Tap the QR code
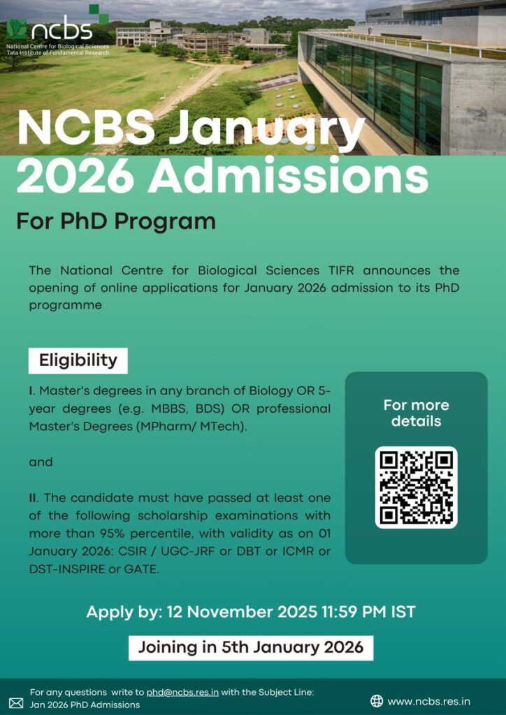click(416, 487)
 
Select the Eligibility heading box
click(78, 360)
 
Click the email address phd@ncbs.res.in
click(182, 692)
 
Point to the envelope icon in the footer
click(15, 702)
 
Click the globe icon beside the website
click(377, 701)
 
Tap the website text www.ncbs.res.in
click(428, 701)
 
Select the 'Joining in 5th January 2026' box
click(250, 647)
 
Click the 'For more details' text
click(416, 413)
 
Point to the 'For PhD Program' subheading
click(115, 221)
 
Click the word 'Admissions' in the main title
click(287, 178)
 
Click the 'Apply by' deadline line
click(250, 612)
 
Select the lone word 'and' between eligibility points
click(41, 462)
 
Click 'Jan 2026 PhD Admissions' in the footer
click(85, 705)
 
